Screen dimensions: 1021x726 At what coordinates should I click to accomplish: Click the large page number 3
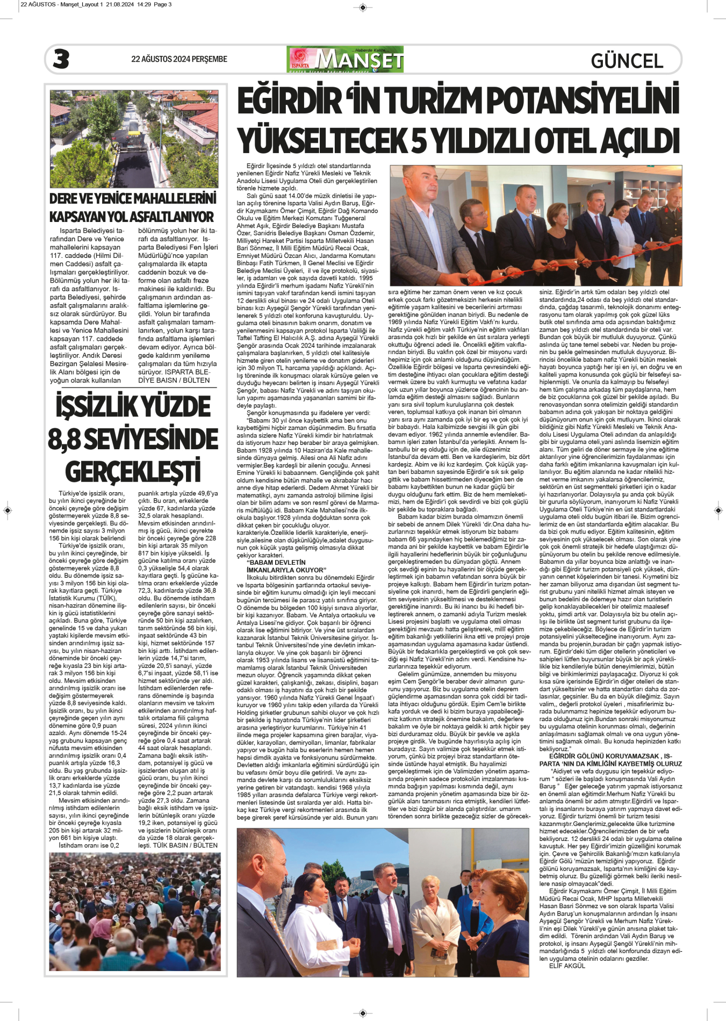[61, 59]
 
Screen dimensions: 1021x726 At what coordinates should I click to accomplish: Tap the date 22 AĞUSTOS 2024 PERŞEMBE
[179, 59]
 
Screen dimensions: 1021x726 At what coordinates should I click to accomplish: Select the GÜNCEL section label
[627, 61]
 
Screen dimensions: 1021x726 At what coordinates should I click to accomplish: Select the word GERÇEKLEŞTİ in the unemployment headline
[133, 472]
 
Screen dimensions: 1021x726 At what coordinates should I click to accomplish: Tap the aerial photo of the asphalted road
[134, 139]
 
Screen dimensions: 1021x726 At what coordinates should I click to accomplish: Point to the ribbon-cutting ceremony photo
[535, 226]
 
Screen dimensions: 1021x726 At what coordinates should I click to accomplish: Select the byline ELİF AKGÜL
[567, 966]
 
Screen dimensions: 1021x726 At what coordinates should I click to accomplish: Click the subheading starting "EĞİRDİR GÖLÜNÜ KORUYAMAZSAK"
[610, 760]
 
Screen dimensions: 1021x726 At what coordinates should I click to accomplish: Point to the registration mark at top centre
[363, 8]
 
